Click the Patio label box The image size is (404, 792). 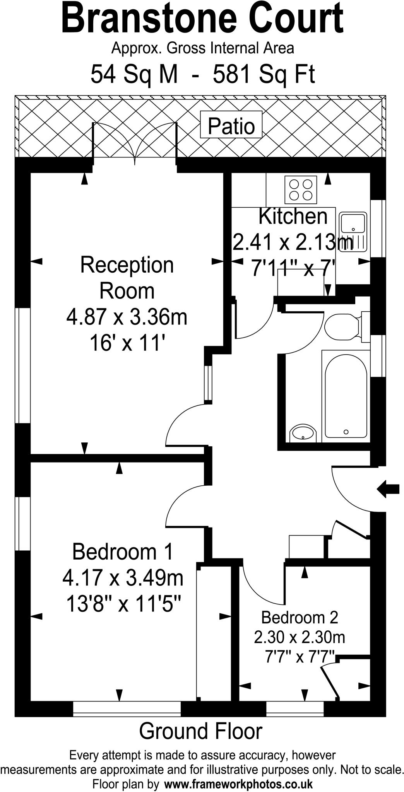231,125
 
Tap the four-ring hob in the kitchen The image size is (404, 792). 301,189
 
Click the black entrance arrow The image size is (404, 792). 388,489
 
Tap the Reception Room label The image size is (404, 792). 127,278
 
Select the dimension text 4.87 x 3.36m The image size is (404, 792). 127,317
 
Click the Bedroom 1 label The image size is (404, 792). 123,551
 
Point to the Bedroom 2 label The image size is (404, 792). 300,617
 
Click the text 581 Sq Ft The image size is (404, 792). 264,74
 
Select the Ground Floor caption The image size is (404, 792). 200,731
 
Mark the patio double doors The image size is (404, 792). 135,143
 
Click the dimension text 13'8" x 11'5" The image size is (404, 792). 123,604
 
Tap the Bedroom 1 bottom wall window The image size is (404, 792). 127,708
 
